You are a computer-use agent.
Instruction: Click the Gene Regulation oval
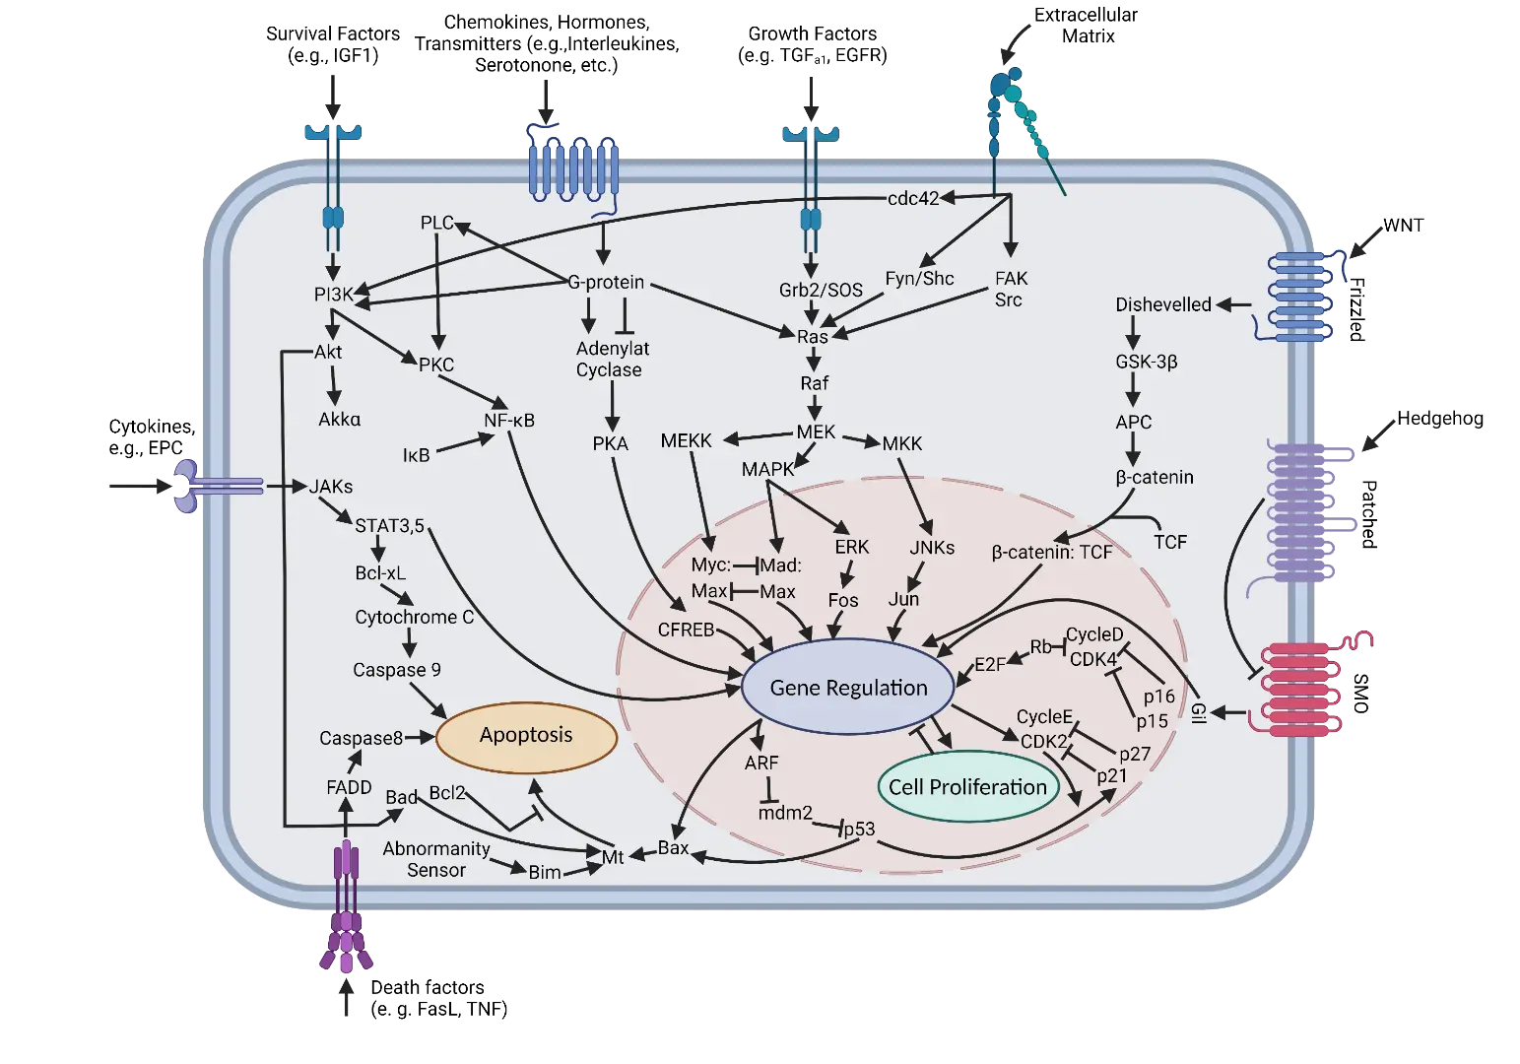[x=848, y=687]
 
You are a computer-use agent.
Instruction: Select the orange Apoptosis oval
[x=526, y=737]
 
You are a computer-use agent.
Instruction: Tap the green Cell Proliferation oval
[x=967, y=786]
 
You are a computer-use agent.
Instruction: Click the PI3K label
[x=333, y=295]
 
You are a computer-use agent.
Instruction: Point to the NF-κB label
[x=509, y=421]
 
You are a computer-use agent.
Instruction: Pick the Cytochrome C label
[x=414, y=617]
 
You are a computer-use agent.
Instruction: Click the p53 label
[x=859, y=830]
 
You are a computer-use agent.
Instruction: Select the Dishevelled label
[x=1163, y=304]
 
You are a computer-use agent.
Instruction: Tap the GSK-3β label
[x=1146, y=362]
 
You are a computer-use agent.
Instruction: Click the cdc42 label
[x=912, y=198]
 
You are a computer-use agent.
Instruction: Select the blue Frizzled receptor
[x=1297, y=296]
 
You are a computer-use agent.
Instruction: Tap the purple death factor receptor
[x=346, y=906]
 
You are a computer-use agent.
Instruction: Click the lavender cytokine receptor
[x=217, y=486]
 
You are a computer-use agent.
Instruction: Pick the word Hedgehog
[x=1440, y=418]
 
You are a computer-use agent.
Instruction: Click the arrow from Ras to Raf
[x=814, y=360]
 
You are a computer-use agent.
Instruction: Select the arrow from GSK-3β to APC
[x=1133, y=391]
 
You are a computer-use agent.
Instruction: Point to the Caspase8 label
[x=361, y=738]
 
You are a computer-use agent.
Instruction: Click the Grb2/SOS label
[x=821, y=290]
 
